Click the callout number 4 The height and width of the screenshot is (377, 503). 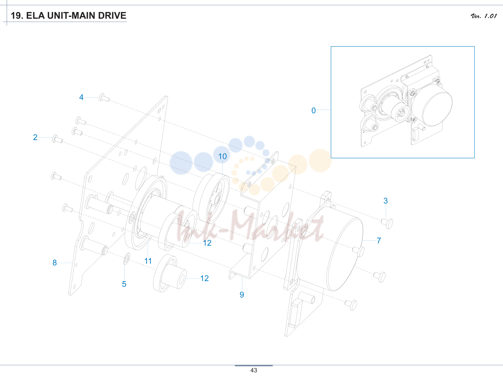pos(81,97)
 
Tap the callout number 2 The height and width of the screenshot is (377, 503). pos(35,137)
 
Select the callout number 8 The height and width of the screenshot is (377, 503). pos(54,263)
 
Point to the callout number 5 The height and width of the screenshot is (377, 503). pos(124,284)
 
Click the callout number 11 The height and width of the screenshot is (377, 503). pos(148,261)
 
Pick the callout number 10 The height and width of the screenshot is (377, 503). pos(222,156)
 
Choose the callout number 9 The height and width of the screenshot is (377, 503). pos(242,295)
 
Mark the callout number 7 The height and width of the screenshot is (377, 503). pos(379,241)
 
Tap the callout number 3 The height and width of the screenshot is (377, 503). pos(386,201)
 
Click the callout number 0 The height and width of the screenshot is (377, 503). pos(314,111)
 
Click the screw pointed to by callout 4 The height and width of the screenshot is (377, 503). pos(104,98)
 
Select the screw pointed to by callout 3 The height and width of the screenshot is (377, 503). pos(387,223)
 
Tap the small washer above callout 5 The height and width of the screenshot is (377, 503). pos(127,259)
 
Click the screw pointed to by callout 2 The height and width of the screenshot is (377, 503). pos(57,139)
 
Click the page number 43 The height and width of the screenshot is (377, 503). pos(254,370)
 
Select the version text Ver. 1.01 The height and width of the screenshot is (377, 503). pos(484,16)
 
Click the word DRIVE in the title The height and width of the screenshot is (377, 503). pos(112,16)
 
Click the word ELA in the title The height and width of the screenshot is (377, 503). pos(35,16)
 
